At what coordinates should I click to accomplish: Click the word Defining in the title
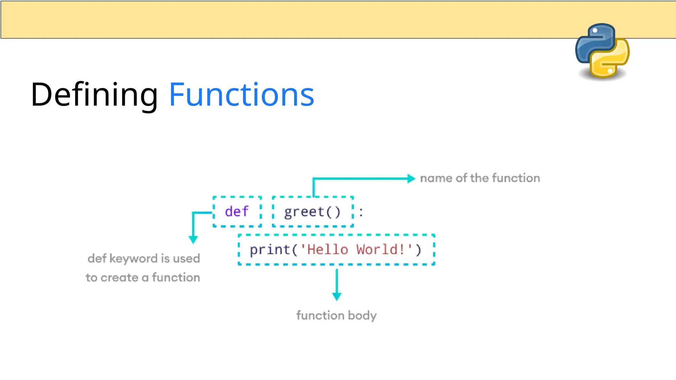pos(94,95)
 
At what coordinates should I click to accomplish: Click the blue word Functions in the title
pos(241,95)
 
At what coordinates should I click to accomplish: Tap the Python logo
pos(602,51)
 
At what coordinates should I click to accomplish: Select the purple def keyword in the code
pos(237,211)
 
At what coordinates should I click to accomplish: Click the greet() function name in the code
pos(312,212)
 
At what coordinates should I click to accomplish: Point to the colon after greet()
pos(361,212)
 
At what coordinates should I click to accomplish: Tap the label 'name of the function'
pos(480,178)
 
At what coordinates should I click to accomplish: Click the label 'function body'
pos(336,315)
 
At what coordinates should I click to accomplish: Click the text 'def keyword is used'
pos(144,258)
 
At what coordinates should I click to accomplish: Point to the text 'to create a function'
pos(143,277)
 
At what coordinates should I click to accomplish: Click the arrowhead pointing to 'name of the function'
pos(411,178)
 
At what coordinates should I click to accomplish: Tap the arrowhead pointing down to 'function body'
pos(337,296)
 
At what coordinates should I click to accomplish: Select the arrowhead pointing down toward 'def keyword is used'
pos(193,239)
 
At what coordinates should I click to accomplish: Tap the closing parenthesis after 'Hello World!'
pos(419,250)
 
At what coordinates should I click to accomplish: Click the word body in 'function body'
pos(362,315)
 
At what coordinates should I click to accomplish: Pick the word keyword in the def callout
pos(134,258)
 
